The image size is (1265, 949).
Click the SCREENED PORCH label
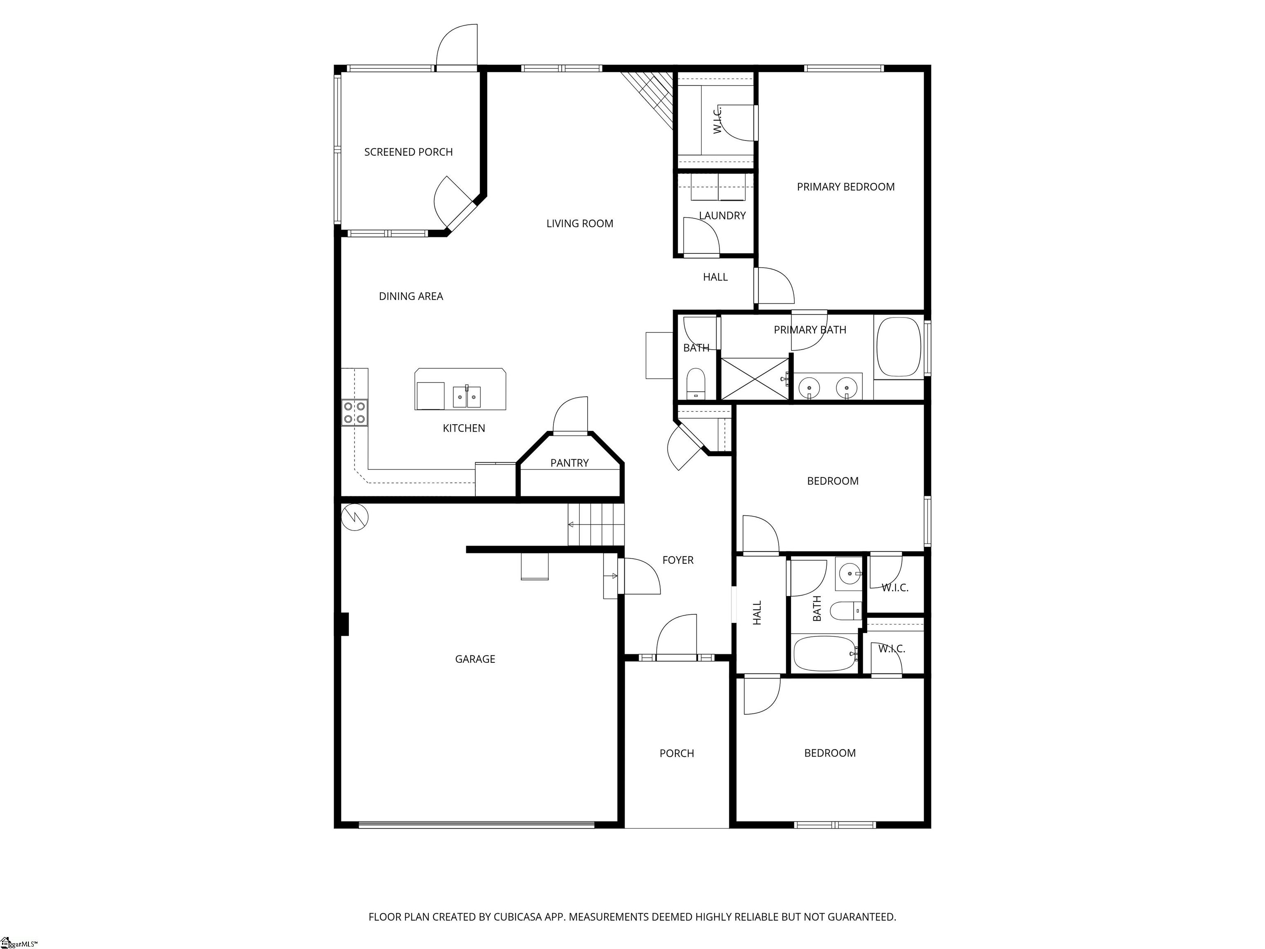[x=408, y=152]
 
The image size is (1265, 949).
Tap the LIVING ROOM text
[x=579, y=224]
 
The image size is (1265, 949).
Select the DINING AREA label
[x=411, y=296]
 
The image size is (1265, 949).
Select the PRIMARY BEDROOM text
[x=845, y=187]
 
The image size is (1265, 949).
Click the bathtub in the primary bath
[x=899, y=347]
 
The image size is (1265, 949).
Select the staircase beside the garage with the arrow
[x=595, y=525]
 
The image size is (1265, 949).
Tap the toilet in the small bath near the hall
[x=696, y=382]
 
